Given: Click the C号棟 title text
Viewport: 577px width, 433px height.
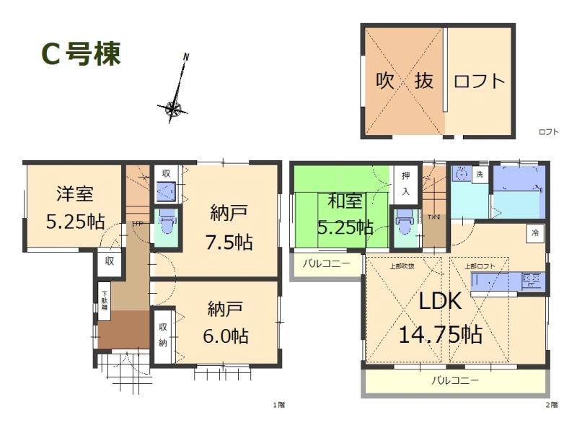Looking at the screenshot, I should pyautogui.click(x=79, y=55).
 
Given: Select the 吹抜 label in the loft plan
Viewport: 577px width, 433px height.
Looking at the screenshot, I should pyautogui.click(x=405, y=81).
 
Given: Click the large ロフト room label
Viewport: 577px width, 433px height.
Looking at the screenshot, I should pyautogui.click(x=479, y=81).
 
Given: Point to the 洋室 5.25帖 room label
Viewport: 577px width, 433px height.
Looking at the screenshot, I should pyautogui.click(x=75, y=208).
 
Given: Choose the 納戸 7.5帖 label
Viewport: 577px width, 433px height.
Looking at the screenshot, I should pyautogui.click(x=231, y=227).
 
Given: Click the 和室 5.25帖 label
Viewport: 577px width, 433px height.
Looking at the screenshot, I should pyautogui.click(x=347, y=214).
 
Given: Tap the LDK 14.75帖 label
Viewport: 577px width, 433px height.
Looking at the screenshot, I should pyautogui.click(x=441, y=317).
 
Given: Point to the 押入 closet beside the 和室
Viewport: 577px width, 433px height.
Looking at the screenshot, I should pyautogui.click(x=405, y=185).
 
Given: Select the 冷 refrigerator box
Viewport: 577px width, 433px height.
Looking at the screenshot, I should pyautogui.click(x=534, y=233).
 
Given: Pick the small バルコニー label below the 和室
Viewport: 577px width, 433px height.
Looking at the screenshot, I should pyautogui.click(x=326, y=263).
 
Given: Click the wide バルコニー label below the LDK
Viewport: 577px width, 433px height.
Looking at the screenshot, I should pyautogui.click(x=455, y=380).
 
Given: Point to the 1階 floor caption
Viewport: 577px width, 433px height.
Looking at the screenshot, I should pyautogui.click(x=278, y=404).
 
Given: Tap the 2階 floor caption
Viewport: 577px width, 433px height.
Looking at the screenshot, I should pyautogui.click(x=551, y=404).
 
